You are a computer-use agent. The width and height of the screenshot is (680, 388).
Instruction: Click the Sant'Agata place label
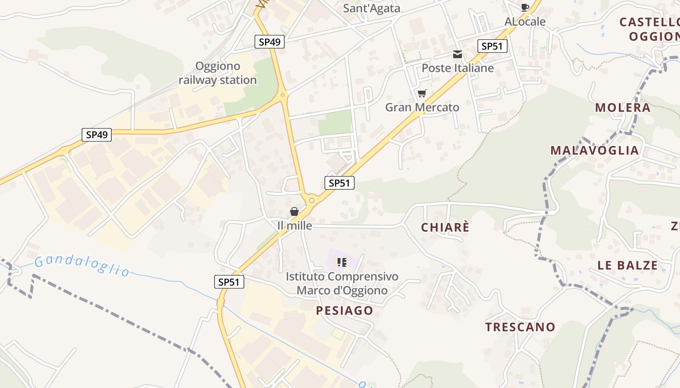click(x=372, y=8)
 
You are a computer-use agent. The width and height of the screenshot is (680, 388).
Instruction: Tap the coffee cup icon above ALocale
click(x=525, y=7)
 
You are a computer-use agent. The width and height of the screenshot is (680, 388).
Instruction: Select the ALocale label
click(x=525, y=22)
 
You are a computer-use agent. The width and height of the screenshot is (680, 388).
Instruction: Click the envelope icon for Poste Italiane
click(x=458, y=54)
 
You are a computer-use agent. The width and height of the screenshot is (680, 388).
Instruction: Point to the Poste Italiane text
click(x=458, y=68)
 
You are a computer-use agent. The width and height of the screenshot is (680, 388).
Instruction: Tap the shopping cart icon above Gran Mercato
click(x=422, y=94)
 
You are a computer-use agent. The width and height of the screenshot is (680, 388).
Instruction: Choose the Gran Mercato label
click(x=422, y=107)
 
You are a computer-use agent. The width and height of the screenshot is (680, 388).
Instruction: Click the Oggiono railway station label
click(x=218, y=73)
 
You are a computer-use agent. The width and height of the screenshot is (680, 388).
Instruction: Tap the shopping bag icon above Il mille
click(x=294, y=211)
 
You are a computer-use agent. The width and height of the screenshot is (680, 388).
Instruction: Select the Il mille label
click(x=294, y=226)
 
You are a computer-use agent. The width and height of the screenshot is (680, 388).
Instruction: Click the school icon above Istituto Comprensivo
click(x=342, y=262)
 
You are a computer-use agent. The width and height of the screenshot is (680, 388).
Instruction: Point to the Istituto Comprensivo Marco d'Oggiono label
click(x=342, y=284)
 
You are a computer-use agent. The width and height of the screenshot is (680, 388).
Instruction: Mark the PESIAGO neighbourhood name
click(x=345, y=311)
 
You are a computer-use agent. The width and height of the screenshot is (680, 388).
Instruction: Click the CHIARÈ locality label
click(x=445, y=227)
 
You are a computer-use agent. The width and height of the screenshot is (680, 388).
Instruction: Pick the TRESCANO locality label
click(x=520, y=327)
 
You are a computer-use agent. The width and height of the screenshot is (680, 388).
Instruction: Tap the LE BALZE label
click(x=628, y=266)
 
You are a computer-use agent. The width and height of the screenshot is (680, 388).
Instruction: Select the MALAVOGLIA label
click(x=595, y=150)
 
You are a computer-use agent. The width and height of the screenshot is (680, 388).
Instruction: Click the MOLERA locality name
click(x=623, y=108)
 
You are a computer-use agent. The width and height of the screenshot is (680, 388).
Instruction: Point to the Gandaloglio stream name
click(x=82, y=265)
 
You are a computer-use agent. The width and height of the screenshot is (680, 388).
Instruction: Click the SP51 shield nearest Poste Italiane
click(x=493, y=46)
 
